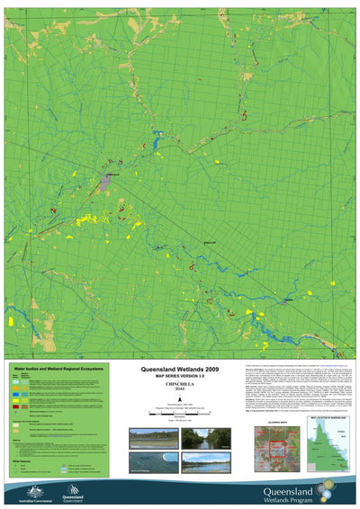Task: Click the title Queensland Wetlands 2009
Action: pos(180,370)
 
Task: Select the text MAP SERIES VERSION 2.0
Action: pos(180,377)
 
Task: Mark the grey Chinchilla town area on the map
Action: pos(105,181)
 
